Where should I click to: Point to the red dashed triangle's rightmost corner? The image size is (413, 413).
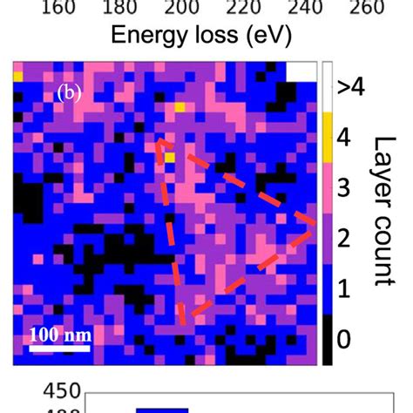314,226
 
